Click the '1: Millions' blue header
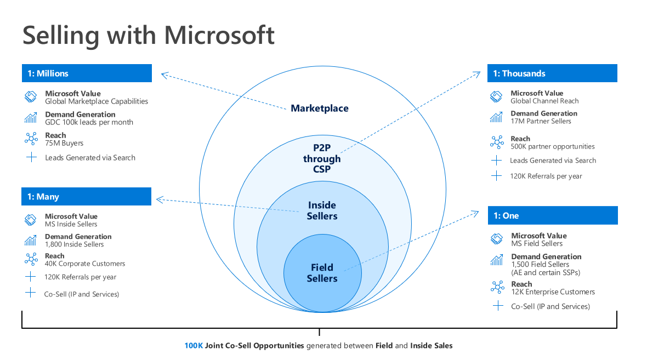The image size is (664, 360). point(87,73)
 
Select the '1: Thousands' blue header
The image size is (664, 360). point(552,73)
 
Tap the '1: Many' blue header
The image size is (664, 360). point(86,197)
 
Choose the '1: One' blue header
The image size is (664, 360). point(553,215)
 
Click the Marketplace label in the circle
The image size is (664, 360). point(320,108)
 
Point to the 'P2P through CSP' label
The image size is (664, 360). point(322,158)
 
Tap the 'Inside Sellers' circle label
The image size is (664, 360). point(322,210)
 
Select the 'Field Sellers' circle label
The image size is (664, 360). point(322,273)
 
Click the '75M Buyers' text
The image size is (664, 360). point(64,143)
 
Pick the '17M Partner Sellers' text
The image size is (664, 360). point(541,121)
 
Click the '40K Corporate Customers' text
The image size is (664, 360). point(85,264)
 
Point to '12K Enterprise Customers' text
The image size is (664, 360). point(553,292)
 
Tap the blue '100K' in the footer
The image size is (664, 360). point(194,346)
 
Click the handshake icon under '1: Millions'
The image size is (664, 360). point(31,97)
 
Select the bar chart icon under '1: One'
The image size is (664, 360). point(497,260)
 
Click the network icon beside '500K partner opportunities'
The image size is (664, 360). point(497,142)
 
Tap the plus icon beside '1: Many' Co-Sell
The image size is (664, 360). point(30,293)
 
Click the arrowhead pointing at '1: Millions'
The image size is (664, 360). point(164,75)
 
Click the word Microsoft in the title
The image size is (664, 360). point(219,35)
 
